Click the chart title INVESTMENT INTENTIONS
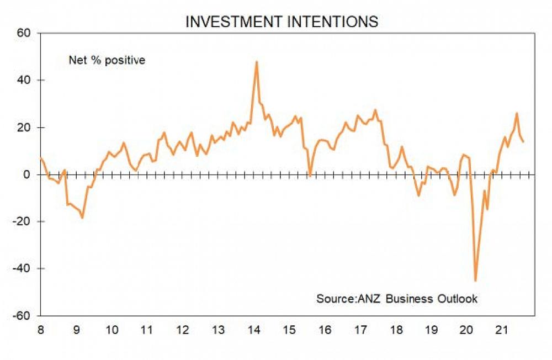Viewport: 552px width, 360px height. [282, 22]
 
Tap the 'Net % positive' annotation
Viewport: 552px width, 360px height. [107, 60]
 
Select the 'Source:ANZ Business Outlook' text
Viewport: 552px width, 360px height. [396, 299]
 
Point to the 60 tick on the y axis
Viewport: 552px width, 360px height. [26, 33]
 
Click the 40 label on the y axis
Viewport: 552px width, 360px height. [26, 80]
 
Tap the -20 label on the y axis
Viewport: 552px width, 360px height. [25, 222]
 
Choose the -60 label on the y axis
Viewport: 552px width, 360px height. [25, 316]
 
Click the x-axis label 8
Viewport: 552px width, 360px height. [41, 330]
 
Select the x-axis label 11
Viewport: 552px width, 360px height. [146, 330]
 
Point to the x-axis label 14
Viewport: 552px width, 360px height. [253, 330]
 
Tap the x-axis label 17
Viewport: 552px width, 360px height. [360, 330]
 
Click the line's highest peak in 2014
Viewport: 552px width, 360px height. [257, 62]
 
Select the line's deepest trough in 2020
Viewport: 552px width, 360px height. [475, 280]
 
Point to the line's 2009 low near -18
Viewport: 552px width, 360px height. [82, 218]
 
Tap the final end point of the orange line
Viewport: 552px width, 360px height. [523, 142]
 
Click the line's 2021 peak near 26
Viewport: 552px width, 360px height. [517, 113]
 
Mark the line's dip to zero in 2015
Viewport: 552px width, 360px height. [310, 176]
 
